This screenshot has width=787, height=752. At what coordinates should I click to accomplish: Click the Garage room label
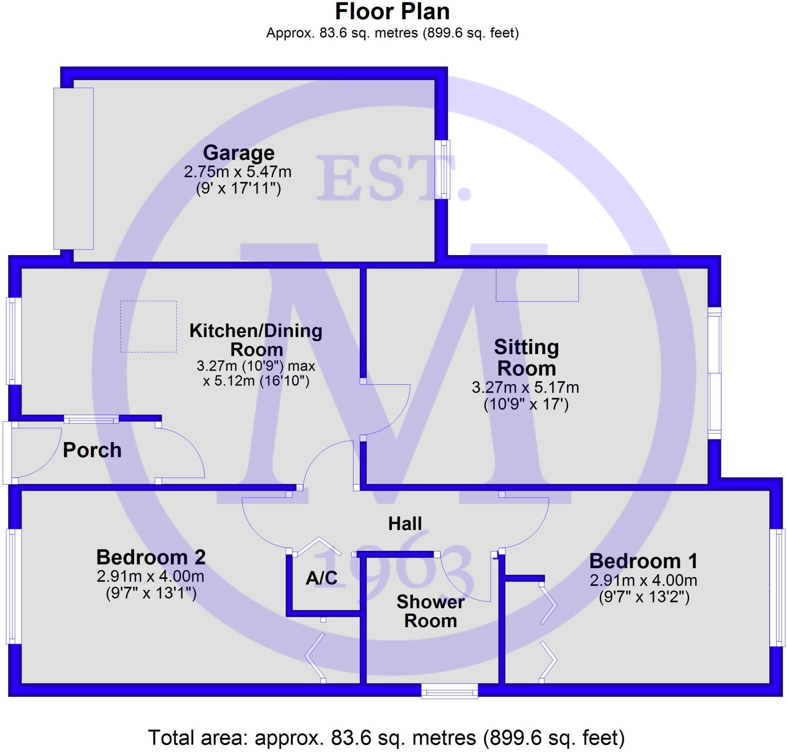pos(239,153)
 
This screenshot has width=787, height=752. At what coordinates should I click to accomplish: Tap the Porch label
pos(92,450)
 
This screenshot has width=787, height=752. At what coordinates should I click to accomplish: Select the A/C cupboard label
pos(322,578)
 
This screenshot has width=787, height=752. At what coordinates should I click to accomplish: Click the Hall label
pos(405,524)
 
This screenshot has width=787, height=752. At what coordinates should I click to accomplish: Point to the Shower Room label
pos(430,611)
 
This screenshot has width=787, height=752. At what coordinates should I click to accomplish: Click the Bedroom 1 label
pos(643,561)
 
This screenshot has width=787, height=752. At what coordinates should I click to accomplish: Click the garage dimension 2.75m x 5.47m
pos(237,172)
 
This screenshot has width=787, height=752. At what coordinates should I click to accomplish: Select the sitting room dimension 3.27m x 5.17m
pos(525,387)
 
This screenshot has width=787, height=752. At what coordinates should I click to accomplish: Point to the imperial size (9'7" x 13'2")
pos(644,597)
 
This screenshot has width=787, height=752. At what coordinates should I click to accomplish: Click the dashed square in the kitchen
pos(149,327)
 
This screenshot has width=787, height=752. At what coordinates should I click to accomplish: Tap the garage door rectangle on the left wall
pos(74,168)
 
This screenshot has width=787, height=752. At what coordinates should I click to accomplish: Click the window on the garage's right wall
pos(442,169)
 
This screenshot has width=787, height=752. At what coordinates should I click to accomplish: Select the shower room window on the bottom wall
pos(449,691)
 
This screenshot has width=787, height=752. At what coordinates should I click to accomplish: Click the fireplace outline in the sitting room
pos(537,285)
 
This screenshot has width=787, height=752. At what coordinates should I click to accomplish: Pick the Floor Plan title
pos(392,12)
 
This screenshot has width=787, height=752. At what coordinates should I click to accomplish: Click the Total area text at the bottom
pos(386,737)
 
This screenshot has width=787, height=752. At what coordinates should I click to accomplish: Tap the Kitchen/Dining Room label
pos(256,340)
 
